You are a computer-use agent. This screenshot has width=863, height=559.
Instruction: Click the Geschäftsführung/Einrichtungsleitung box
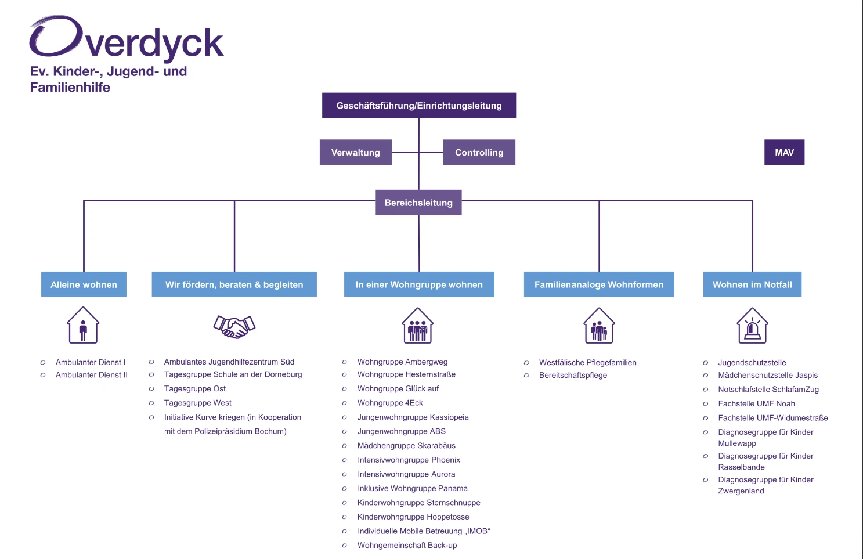[418, 106]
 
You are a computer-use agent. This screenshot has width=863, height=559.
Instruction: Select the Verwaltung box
[355, 152]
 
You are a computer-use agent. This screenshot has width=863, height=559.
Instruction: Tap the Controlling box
[479, 152]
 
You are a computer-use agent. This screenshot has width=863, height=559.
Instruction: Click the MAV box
[784, 152]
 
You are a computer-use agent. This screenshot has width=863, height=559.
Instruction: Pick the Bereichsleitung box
[418, 203]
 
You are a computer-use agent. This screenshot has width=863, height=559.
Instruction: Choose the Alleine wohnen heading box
[84, 284]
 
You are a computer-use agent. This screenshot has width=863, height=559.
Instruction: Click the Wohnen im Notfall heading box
[752, 284]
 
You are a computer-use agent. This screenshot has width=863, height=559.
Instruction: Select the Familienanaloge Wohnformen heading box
[598, 284]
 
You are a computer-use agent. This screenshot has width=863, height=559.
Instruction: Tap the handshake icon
[234, 326]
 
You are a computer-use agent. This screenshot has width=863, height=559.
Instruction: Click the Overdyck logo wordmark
[127, 39]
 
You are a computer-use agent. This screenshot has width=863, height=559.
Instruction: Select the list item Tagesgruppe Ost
[195, 389]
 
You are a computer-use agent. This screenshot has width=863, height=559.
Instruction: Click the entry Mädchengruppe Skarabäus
[406, 446]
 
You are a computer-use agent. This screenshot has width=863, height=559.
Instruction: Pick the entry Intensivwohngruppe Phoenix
[409, 460]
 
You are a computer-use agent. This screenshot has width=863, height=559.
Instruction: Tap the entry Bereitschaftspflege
[573, 375]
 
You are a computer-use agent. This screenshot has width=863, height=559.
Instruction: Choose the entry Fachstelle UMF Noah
[756, 403]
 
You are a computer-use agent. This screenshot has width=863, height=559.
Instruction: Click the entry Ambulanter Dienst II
[92, 375]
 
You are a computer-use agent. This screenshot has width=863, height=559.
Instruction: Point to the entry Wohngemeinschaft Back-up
[407, 545]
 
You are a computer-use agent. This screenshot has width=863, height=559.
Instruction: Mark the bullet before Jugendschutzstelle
[705, 363]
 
